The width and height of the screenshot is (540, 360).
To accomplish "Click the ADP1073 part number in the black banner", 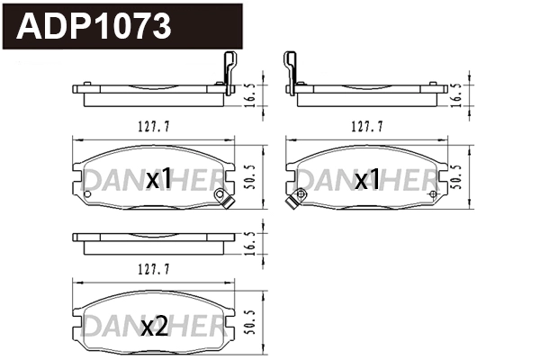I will pos(95,26).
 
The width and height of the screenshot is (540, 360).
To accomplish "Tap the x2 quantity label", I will pos(155,327).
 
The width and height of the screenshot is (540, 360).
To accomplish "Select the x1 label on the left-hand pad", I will pos(158,180).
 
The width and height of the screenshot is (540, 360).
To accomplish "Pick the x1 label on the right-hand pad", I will pos(366,180).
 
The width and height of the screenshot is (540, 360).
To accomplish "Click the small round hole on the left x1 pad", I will pos(87,193).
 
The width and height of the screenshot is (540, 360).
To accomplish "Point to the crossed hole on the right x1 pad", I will pos(434,193).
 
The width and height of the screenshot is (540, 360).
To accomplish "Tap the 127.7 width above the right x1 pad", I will pos(366,127).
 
